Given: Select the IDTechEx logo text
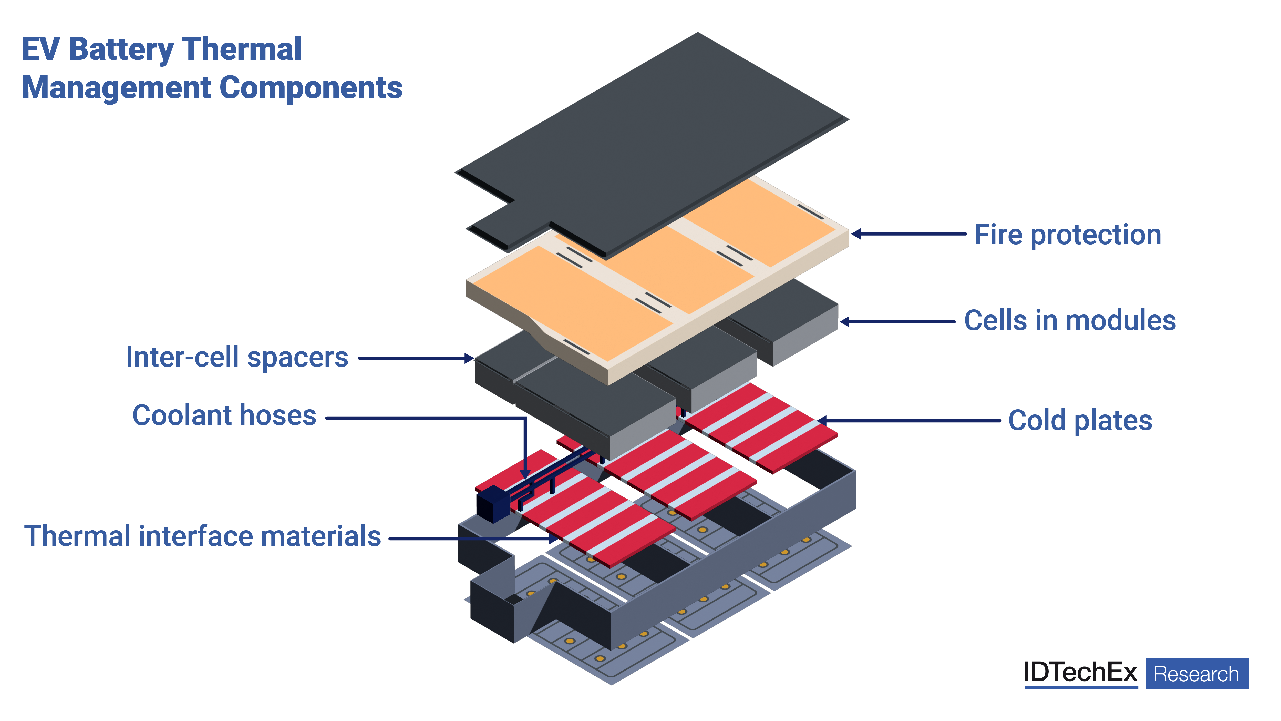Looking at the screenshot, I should (1080, 673).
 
